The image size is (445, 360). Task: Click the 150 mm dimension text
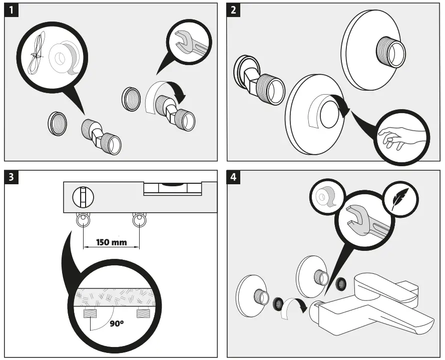click(x=111, y=242)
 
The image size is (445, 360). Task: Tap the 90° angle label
click(x=117, y=323)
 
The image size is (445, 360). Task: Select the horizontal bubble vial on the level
click(x=173, y=188)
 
